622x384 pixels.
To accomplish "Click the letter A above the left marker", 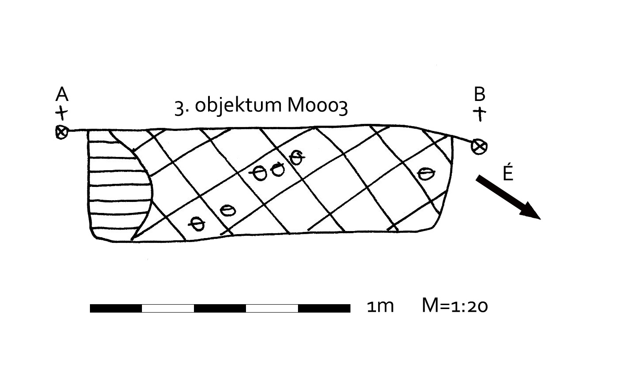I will click(62, 94).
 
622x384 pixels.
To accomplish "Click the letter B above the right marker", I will click(479, 94).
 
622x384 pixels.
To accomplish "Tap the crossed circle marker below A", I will click(62, 132).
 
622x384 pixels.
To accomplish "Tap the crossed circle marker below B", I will click(479, 146).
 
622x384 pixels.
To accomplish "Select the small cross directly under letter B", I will click(479, 114).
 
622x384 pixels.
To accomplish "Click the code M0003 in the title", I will click(317, 106).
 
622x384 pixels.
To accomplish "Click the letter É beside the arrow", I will click(508, 173).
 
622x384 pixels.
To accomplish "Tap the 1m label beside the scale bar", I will click(380, 306).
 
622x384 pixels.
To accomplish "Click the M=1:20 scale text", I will click(454, 306).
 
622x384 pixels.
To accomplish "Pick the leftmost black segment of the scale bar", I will click(116, 308).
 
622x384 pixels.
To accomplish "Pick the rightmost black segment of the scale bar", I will click(324, 308).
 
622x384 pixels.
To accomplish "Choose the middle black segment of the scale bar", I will click(220, 308).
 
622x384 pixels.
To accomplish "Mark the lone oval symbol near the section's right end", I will click(425, 173).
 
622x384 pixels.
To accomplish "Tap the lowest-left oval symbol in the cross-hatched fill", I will click(198, 224).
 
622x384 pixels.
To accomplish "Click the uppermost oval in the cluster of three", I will click(297, 156).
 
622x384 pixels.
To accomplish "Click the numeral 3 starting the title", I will click(179, 107).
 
